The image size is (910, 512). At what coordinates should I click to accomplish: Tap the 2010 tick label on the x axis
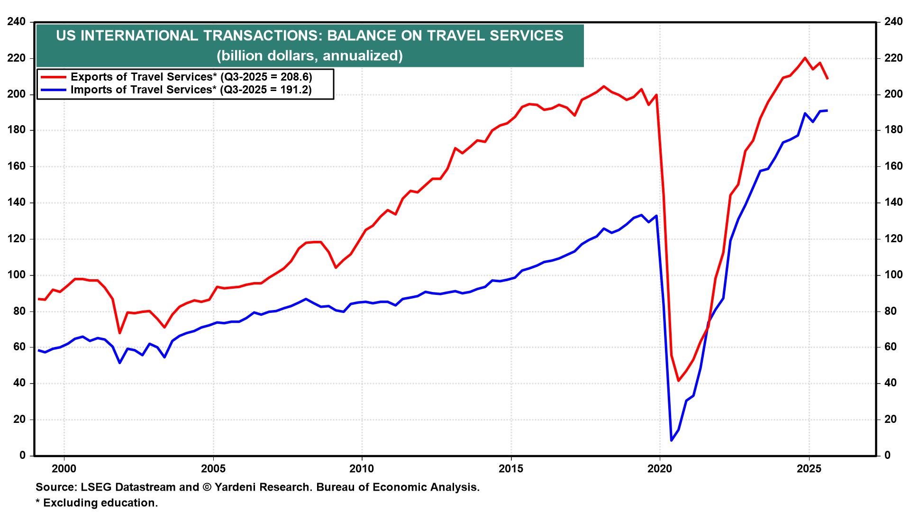pos(362,469)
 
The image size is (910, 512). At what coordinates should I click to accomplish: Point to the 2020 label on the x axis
pos(660,469)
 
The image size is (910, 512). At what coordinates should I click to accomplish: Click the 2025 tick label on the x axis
pos(809,469)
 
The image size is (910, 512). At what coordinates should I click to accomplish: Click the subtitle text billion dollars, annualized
pos(309,56)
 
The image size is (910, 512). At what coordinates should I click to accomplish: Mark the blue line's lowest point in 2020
pos(671,440)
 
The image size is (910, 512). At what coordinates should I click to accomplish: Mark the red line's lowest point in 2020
pos(679,381)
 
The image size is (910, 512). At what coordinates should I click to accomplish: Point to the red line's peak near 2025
pos(805,58)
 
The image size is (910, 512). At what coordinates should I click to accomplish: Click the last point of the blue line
pos(827,110)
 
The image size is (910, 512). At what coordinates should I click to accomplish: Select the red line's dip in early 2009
pos(336,267)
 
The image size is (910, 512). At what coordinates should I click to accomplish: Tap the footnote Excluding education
pos(100,503)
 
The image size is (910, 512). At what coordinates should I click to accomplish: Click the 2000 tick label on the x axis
pos(64,469)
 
